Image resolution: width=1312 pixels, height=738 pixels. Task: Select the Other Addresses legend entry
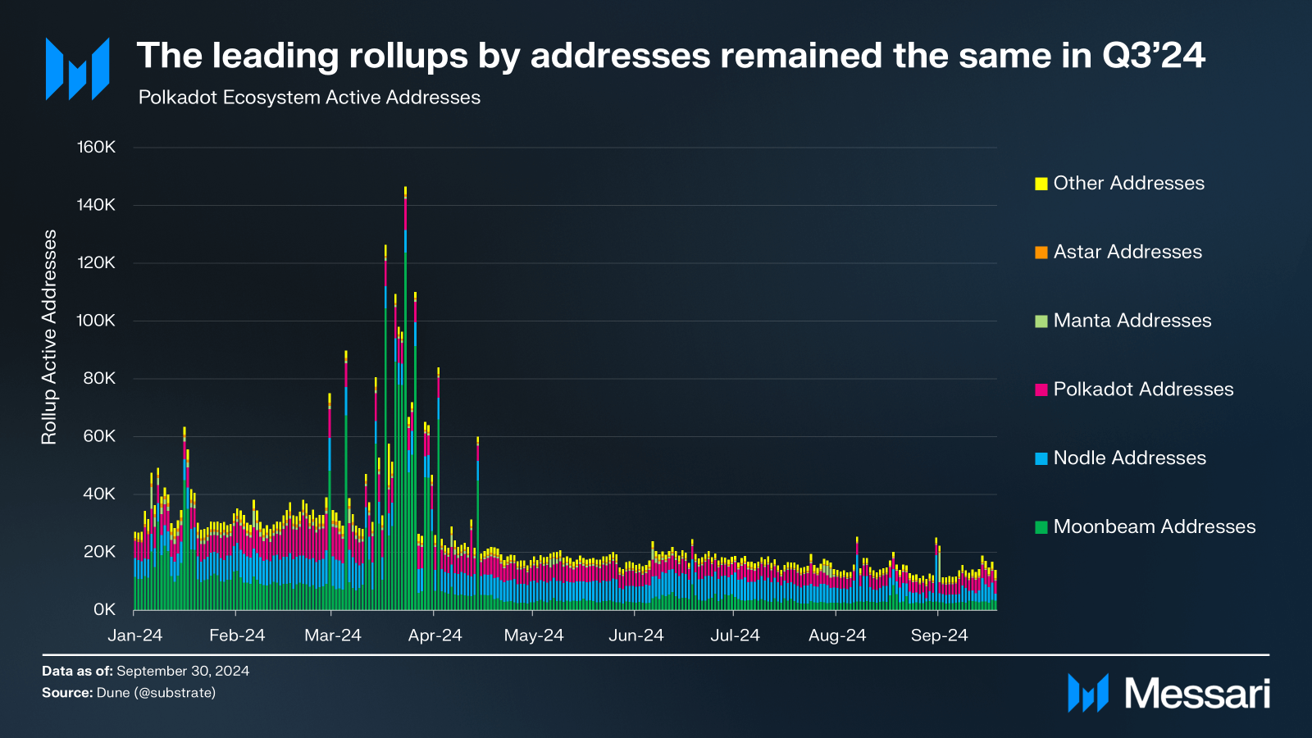coord(1128,184)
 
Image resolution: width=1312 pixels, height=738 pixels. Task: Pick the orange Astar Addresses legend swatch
coord(1041,253)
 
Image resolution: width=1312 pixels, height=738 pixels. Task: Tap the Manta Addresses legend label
coord(1132,321)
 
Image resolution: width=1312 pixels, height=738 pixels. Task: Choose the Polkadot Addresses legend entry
coord(1142,389)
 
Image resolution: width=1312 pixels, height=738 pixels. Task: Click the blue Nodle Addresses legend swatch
coord(1041,458)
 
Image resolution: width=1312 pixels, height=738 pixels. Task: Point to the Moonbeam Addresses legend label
coord(1154,526)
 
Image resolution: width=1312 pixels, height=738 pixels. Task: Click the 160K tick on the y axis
coord(97,148)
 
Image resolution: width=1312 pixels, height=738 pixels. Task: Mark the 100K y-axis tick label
coord(97,321)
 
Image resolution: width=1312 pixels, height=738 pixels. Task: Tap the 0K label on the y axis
coord(104,609)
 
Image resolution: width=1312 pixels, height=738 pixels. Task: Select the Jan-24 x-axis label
coord(135,635)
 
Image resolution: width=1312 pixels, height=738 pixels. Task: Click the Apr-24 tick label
coord(435,635)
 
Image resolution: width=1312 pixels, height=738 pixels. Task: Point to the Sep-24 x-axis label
coord(940,635)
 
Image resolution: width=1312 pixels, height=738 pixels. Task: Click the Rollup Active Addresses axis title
coord(49,337)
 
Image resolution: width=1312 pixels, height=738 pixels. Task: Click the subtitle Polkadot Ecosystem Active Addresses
coord(309,98)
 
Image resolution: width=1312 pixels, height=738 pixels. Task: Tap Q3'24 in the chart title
coord(1153,56)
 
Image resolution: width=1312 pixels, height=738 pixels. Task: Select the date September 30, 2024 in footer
coord(183,671)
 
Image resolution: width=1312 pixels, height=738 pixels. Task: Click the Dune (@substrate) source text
coord(156,693)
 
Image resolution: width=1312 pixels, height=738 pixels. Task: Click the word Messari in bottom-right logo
coord(1197,694)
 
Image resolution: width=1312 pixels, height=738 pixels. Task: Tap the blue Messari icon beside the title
coord(78,70)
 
